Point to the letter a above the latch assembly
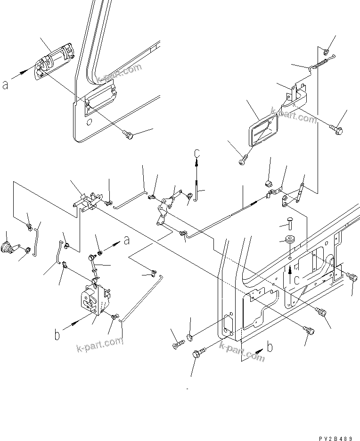tap(126, 241)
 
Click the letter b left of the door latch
tap(57, 335)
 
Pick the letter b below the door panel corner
tap(269, 348)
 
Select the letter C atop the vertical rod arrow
tap(197, 153)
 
